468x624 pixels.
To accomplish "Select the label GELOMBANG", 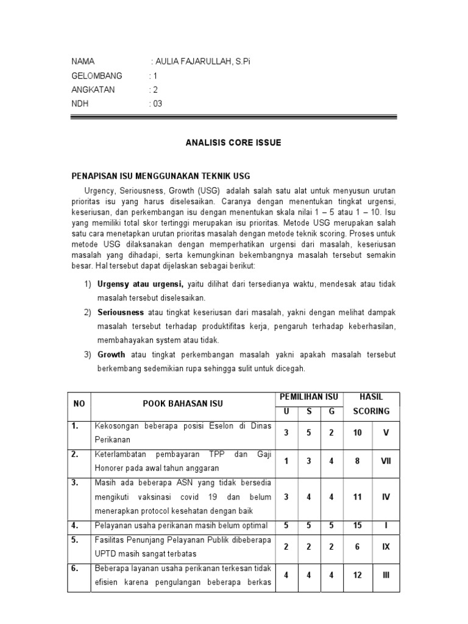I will pyautogui.click(x=97, y=76).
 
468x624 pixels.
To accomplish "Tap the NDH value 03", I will pyautogui.click(x=157, y=104).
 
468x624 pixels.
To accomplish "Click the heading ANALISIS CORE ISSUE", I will pyautogui.click(x=233, y=143).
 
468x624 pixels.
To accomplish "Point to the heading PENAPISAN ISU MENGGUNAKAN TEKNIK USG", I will pyautogui.click(x=161, y=175).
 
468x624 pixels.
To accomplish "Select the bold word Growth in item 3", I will pyautogui.click(x=112, y=354).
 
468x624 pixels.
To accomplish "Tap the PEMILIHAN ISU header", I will pyautogui.click(x=308, y=397).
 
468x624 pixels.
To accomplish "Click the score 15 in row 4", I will pyautogui.click(x=357, y=525).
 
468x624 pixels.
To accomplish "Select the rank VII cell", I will pyautogui.click(x=385, y=461).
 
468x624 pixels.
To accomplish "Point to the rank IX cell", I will pyautogui.click(x=385, y=547).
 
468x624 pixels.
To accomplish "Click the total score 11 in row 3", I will pyautogui.click(x=357, y=497).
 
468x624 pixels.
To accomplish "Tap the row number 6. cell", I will pyautogui.click(x=76, y=568).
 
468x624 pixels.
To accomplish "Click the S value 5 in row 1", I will pyautogui.click(x=309, y=433).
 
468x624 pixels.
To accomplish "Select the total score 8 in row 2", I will pyautogui.click(x=357, y=461).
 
